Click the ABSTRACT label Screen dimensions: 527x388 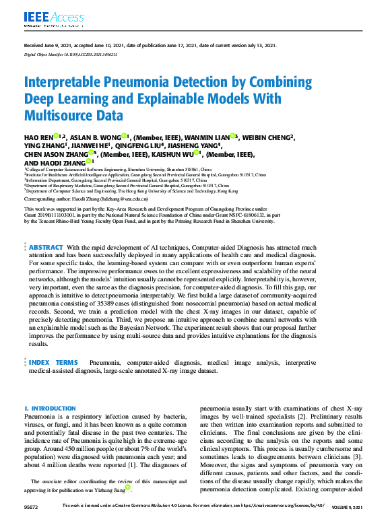click(x=46, y=248)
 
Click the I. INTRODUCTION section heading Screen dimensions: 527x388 click(x=50, y=409)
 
